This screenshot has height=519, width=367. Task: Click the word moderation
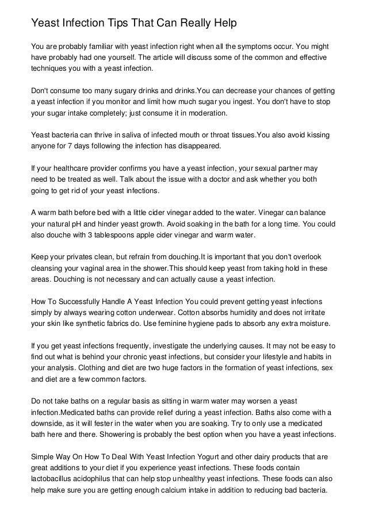208,114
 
